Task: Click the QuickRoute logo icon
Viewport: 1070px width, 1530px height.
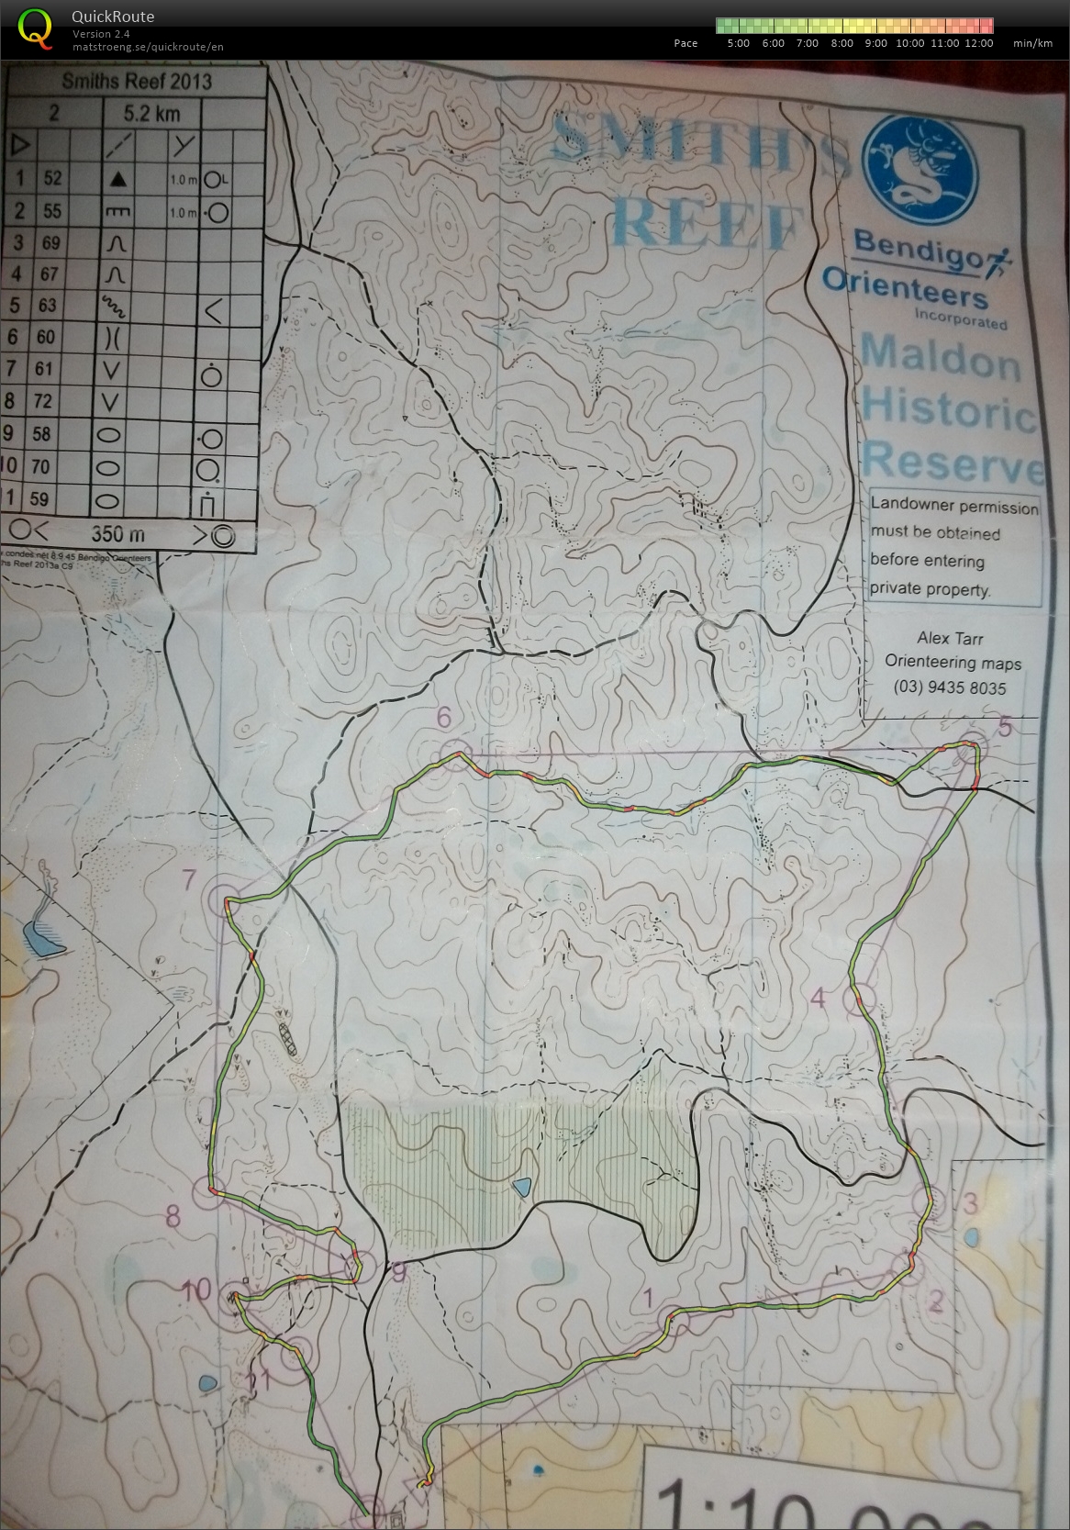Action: pyautogui.click(x=35, y=27)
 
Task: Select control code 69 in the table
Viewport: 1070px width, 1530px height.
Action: pyautogui.click(x=50, y=243)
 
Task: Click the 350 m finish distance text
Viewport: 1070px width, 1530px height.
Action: pyautogui.click(x=118, y=534)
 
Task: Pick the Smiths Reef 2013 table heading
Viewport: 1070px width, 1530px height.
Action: pyautogui.click(x=137, y=82)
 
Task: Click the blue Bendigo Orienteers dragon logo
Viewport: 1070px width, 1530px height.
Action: pyautogui.click(x=920, y=162)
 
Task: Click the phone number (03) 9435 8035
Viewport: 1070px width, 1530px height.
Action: pyautogui.click(x=949, y=687)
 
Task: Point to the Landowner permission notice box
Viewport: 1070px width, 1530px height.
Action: pyautogui.click(x=953, y=547)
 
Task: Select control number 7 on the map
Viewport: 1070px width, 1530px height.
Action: pyautogui.click(x=190, y=881)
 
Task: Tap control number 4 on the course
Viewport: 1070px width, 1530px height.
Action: pyautogui.click(x=819, y=998)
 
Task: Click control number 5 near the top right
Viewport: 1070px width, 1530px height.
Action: pyautogui.click(x=1004, y=729)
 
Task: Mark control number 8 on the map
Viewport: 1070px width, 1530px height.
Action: pyautogui.click(x=172, y=1219)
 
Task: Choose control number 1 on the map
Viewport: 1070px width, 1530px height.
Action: pyautogui.click(x=649, y=1298)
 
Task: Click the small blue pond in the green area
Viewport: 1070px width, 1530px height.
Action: pyautogui.click(x=521, y=1187)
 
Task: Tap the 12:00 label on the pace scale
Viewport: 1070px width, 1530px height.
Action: pyautogui.click(x=979, y=43)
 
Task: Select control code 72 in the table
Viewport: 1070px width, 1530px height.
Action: pyautogui.click(x=50, y=401)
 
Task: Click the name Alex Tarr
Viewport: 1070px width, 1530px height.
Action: pyautogui.click(x=950, y=638)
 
